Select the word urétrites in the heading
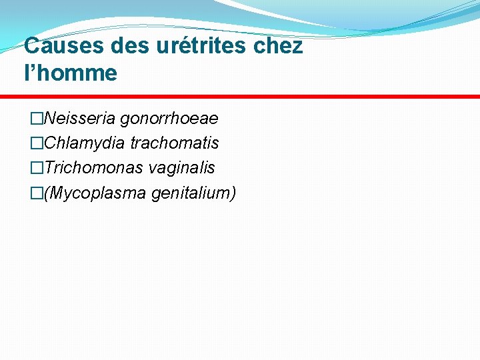tap(199, 47)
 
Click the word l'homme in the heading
tap(70, 73)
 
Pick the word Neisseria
tap(79, 119)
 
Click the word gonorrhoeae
tap(169, 119)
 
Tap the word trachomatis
tap(175, 143)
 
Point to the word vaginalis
tap(182, 168)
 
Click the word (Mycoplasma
tap(95, 193)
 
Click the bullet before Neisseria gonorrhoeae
tap(36, 119)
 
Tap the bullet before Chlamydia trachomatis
tap(36, 143)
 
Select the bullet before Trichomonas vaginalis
tap(36, 168)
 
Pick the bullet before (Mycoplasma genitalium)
tap(36, 193)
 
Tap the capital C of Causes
tap(31, 47)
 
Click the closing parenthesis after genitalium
tap(233, 193)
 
